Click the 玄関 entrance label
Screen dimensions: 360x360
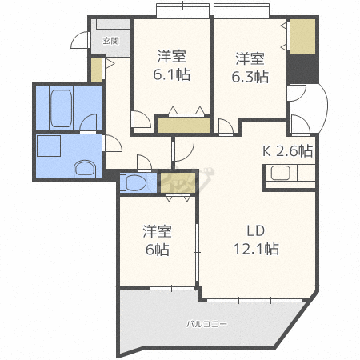point(111,41)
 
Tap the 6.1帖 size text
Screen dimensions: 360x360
point(172,74)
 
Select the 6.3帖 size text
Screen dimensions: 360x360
point(250,77)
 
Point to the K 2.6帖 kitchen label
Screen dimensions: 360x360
point(287,151)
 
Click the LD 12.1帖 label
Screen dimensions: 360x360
point(256,240)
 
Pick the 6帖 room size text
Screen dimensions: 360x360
point(158,250)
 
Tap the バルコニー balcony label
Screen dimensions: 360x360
point(207,324)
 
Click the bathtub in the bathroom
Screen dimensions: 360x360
point(62,108)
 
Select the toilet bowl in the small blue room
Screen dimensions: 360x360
point(134,183)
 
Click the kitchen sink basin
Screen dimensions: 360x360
point(280,173)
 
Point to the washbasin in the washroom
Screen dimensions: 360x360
point(85,169)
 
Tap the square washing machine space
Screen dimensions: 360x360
point(49,146)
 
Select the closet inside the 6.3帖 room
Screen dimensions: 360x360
point(302,36)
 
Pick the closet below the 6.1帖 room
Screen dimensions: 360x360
point(184,125)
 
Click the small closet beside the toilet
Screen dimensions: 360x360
point(178,183)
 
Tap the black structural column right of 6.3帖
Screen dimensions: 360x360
point(302,69)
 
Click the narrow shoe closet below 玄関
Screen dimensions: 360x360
point(96,70)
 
